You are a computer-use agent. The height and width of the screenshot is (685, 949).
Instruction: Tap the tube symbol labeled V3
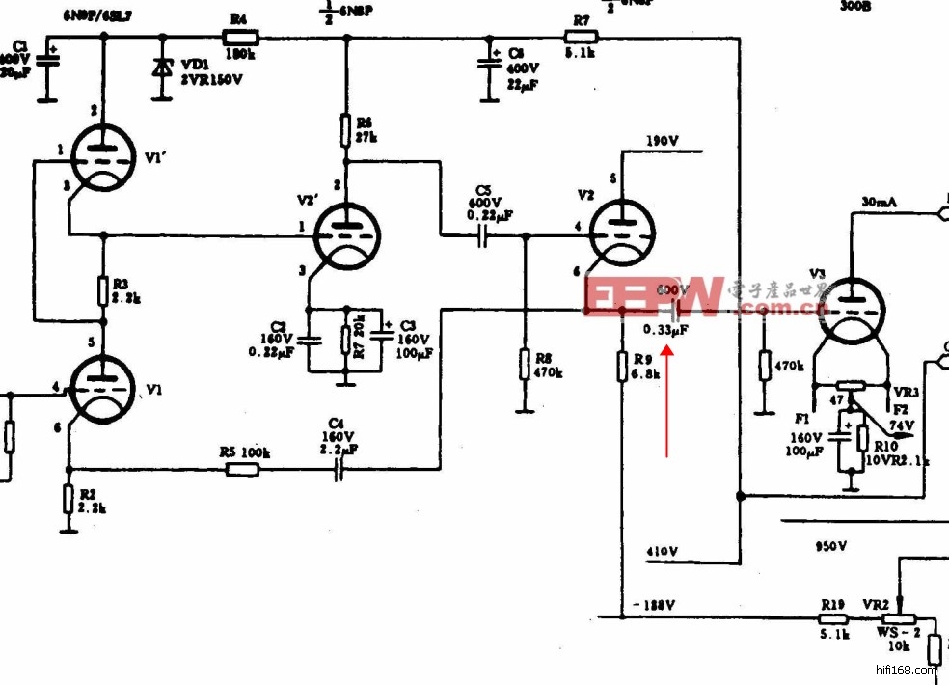pos(852,311)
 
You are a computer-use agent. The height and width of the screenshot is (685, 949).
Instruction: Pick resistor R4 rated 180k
pos(240,38)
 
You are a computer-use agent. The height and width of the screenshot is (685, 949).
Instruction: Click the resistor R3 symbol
pos(102,290)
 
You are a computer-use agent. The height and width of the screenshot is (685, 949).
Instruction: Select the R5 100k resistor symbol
pos(242,470)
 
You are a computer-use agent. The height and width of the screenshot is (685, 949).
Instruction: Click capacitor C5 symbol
pos(483,235)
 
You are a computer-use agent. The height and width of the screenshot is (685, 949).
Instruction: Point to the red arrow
pos(667,396)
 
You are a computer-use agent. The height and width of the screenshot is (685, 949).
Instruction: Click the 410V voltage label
pos(662,552)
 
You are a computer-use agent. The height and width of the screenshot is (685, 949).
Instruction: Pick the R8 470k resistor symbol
pos(525,365)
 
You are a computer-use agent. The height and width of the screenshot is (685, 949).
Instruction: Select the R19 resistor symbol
pos(833,618)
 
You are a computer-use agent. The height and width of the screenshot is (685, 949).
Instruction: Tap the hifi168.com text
pos(906,669)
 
